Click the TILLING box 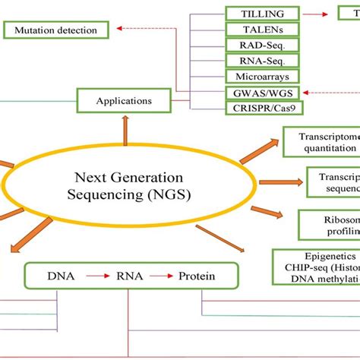tap(263, 14)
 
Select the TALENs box tap(263, 30)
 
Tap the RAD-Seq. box tap(263, 46)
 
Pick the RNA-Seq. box tap(263, 62)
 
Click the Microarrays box tap(263, 77)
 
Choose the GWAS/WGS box tap(263, 93)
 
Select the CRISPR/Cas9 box tap(263, 108)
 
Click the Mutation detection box tap(55, 30)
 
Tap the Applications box tap(124, 99)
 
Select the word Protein tap(197, 276)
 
